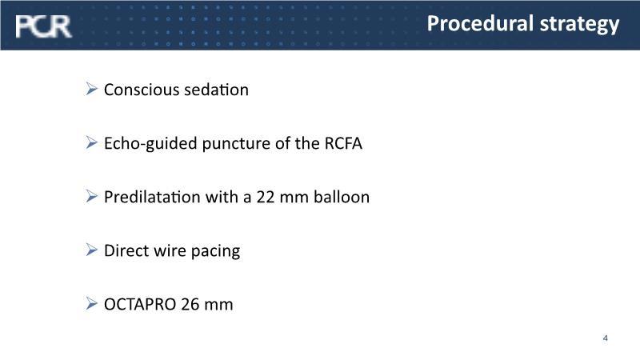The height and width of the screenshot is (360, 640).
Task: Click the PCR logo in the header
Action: pos(43,26)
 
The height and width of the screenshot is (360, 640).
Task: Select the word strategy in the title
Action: pos(579,25)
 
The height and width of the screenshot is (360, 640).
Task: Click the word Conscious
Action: pos(142,90)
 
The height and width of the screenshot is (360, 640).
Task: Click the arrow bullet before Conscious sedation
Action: pos(92,89)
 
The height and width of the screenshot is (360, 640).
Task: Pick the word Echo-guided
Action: pos(150,144)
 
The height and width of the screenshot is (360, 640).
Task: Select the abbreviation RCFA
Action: pos(343,143)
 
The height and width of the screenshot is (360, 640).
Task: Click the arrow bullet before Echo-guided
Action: pos(92,142)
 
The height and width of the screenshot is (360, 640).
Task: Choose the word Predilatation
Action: pos(152,197)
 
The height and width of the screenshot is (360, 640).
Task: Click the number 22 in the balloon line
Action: pos(266,197)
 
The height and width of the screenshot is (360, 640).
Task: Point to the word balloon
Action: pos(342,197)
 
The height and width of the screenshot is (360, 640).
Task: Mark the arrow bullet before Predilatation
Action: pos(92,196)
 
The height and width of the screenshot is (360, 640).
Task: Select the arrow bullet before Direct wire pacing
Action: pos(92,250)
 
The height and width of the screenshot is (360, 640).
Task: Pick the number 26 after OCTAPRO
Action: pos(190,305)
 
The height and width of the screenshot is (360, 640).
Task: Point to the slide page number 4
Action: pos(606,338)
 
